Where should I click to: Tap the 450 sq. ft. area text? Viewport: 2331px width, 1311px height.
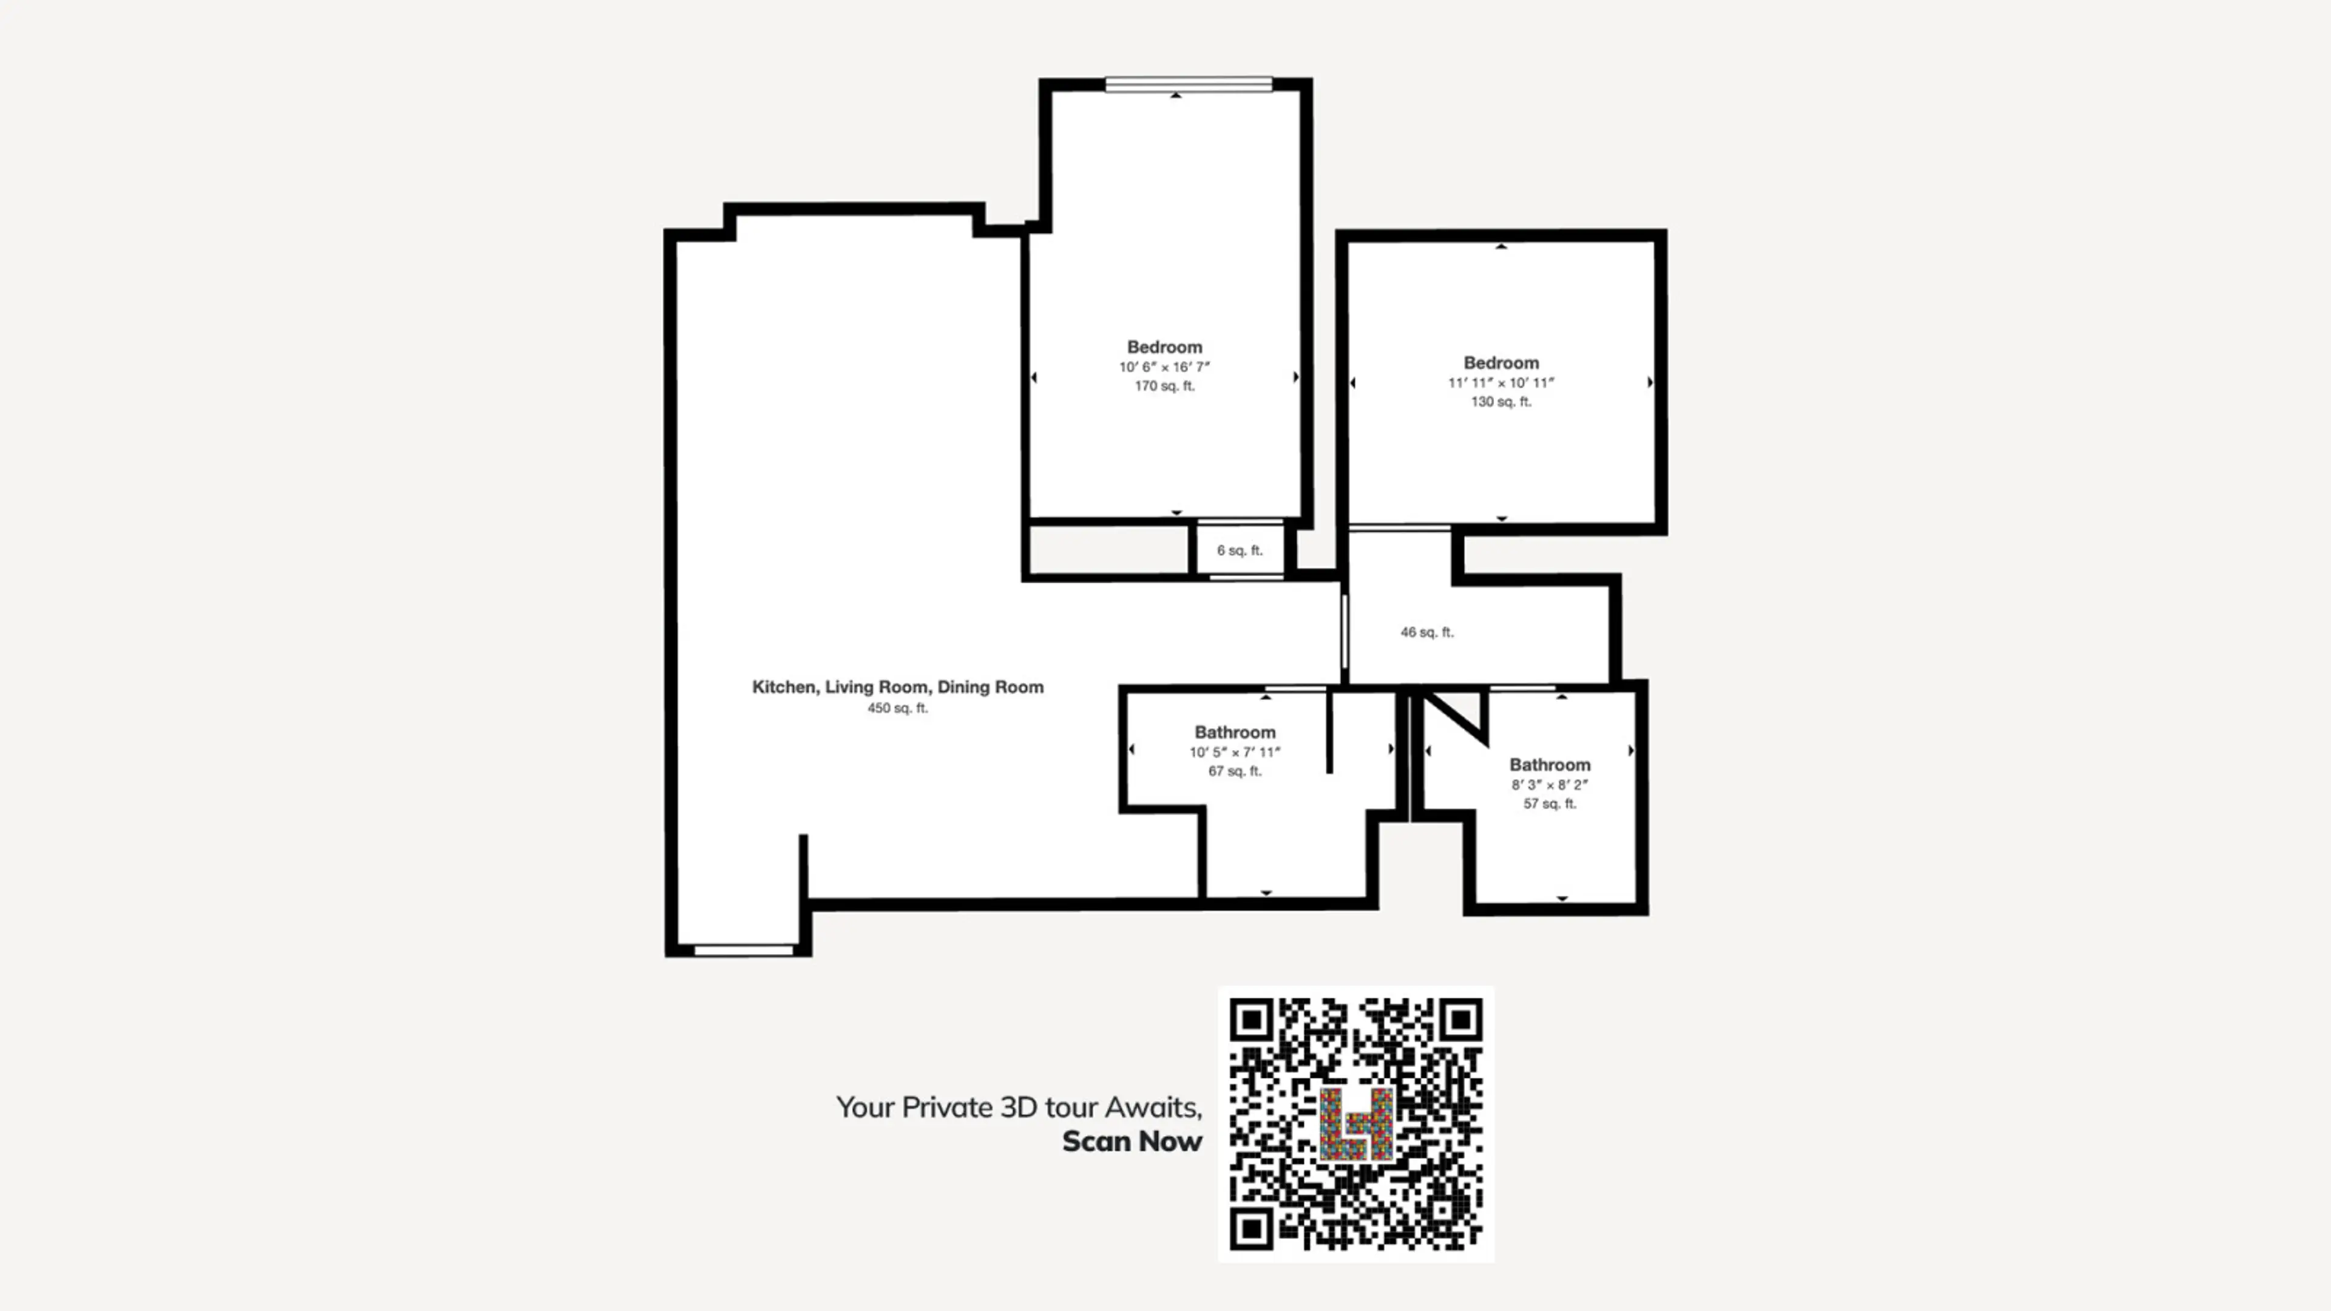[x=898, y=708]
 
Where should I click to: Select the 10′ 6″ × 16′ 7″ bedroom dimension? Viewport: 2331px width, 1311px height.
[x=1165, y=367]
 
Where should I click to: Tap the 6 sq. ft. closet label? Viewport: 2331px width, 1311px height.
[x=1240, y=550]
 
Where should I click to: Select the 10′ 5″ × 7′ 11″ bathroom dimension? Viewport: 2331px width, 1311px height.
[x=1235, y=753]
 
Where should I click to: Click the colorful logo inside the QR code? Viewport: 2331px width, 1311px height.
[x=1356, y=1125]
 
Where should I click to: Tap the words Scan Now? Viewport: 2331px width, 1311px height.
[x=1132, y=1142]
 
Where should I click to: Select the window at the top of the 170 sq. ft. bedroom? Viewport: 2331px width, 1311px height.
[x=1189, y=85]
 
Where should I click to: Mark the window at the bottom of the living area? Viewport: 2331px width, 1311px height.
[x=744, y=950]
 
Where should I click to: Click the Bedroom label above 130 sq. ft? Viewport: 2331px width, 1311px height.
[x=1501, y=363]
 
